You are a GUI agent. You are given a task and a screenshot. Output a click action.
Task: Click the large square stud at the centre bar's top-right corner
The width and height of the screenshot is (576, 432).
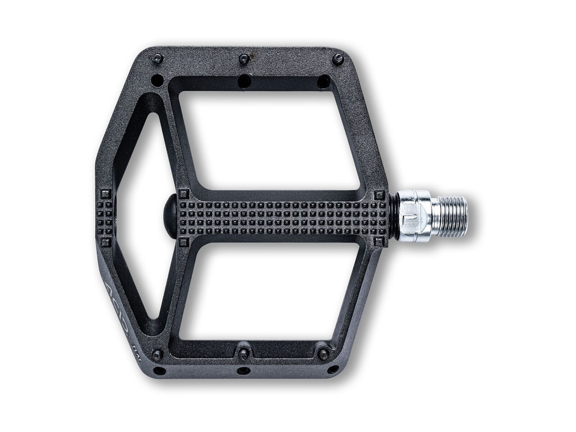coord(379,195)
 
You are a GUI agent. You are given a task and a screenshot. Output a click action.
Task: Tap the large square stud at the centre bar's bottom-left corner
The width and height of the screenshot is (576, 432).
coord(183,241)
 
